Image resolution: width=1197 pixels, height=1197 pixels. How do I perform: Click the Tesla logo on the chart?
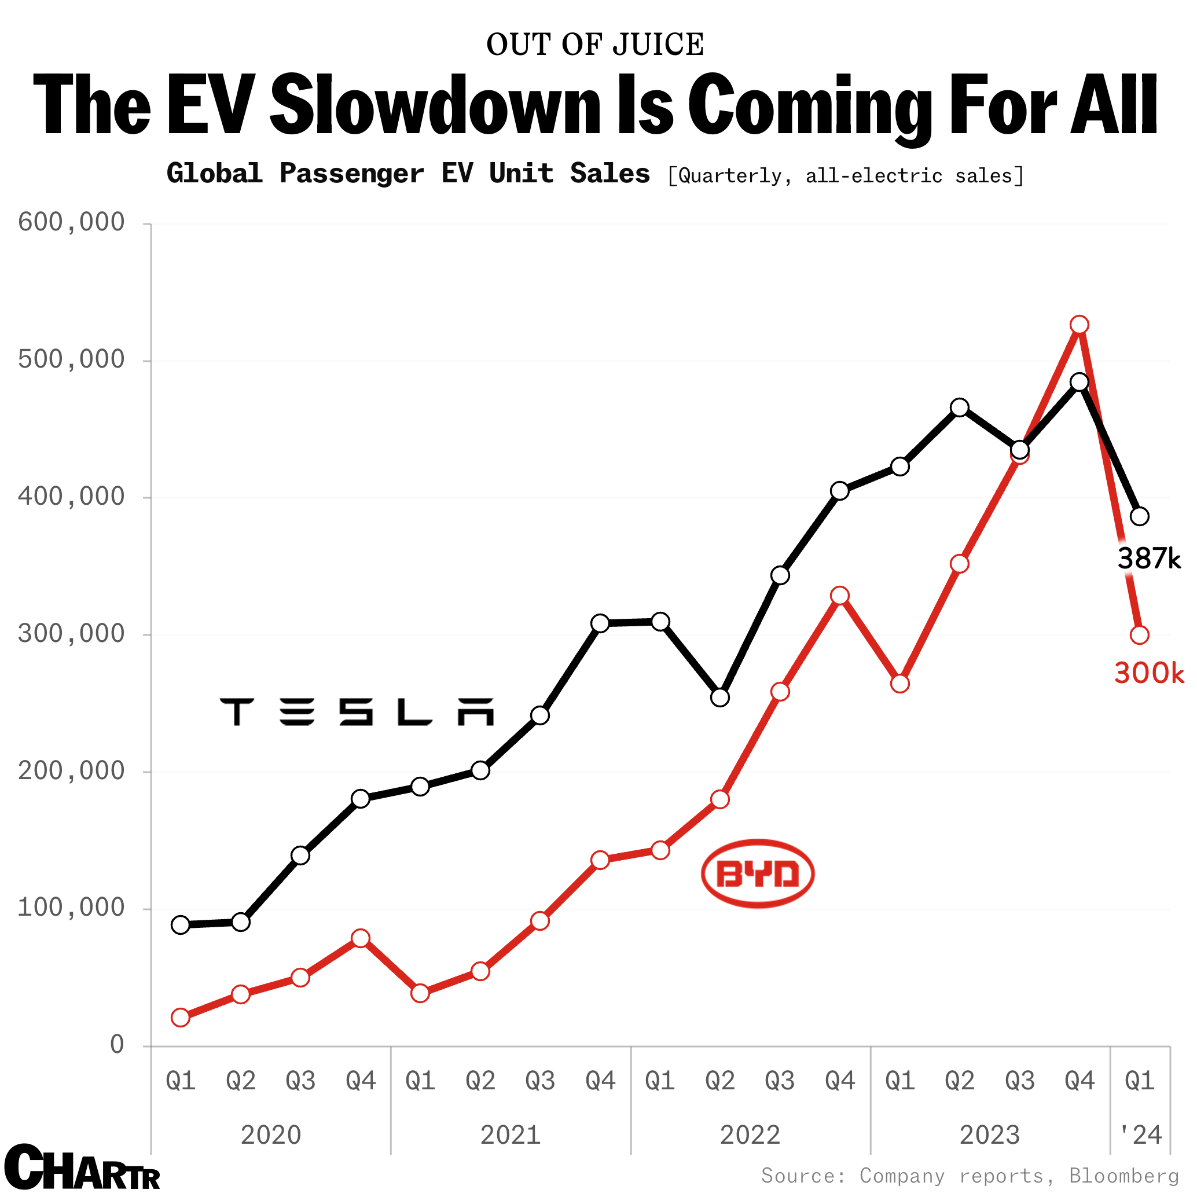(357, 711)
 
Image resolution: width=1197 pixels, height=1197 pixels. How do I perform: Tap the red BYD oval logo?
(757, 873)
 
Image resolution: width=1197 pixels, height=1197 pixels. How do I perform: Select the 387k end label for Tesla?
(1148, 559)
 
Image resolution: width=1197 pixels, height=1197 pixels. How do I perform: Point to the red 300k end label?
(1148, 673)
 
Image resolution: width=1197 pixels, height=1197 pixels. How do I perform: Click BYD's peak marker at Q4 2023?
(1079, 325)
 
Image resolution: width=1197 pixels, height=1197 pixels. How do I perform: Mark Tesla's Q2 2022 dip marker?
(719, 697)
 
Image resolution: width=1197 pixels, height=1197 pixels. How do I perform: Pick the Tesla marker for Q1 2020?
(180, 924)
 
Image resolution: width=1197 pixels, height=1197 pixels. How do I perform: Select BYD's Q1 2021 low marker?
(420, 993)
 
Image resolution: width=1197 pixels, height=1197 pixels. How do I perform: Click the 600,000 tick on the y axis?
(71, 222)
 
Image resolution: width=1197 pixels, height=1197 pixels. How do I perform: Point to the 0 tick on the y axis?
(117, 1045)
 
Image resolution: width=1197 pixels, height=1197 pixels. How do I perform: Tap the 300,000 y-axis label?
(71, 634)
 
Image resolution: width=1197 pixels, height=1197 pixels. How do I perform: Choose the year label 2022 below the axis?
(750, 1135)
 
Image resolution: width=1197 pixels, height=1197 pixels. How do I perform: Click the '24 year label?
(1140, 1135)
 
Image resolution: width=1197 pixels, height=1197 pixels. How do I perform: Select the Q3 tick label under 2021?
(539, 1081)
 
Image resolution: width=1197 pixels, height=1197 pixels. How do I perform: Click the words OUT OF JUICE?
(595, 45)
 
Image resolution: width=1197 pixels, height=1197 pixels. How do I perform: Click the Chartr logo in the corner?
(82, 1168)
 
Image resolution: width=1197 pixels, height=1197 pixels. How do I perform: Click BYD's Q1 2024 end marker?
(1139, 635)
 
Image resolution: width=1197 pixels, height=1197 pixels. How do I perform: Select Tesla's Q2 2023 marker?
(960, 407)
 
